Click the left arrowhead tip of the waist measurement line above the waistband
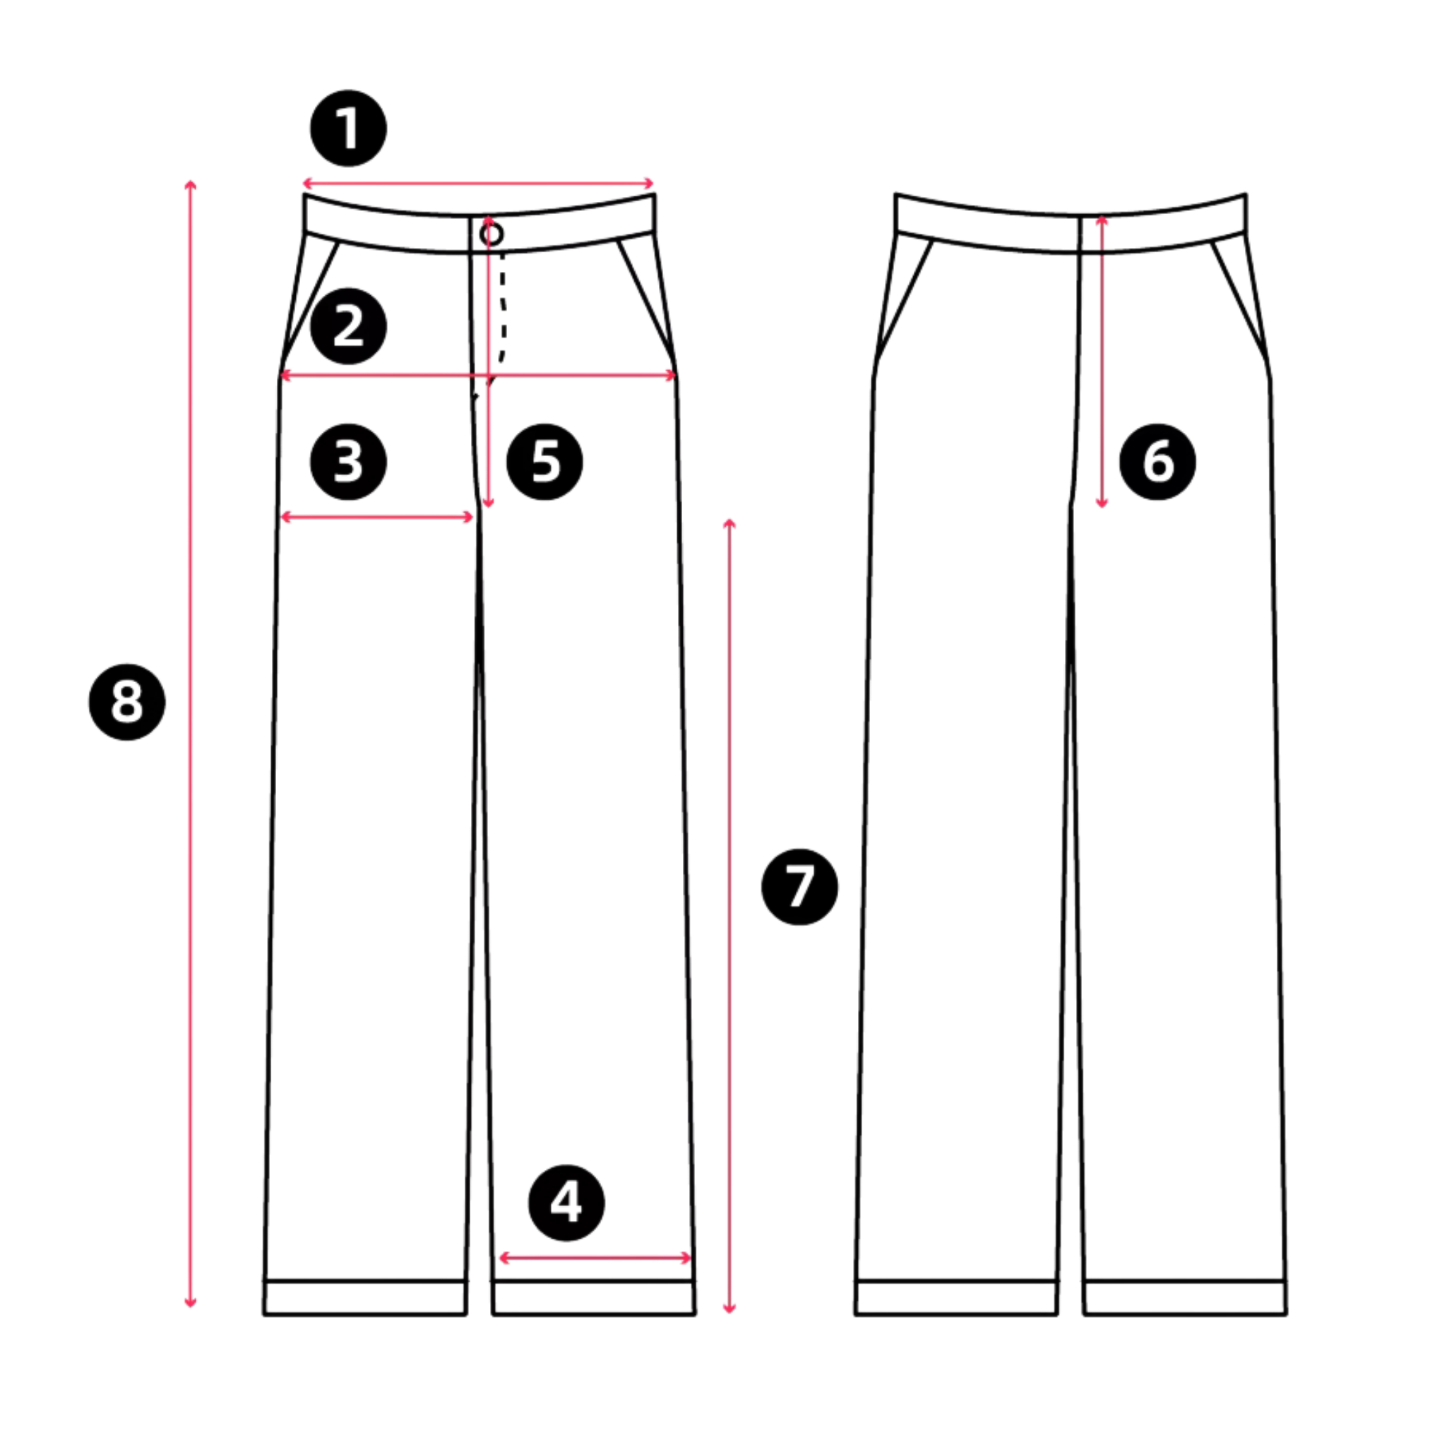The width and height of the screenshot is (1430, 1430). point(304,184)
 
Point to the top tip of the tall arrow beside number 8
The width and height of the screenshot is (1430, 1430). point(190,181)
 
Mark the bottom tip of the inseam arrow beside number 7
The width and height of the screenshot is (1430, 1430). point(729,1312)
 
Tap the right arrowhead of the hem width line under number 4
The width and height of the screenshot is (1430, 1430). point(691,1258)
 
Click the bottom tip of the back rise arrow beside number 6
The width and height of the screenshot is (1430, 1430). point(1102,507)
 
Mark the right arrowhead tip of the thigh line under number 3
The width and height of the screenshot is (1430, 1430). point(473,517)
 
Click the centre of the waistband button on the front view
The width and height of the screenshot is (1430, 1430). point(491,234)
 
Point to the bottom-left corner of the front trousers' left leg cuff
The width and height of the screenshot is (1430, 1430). point(264,1314)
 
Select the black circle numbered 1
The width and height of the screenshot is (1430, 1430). point(349,128)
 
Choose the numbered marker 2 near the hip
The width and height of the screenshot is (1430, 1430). point(349,326)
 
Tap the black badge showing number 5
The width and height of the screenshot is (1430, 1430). point(544,462)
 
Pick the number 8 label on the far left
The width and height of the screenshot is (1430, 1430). point(126,702)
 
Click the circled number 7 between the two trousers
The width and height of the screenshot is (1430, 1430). point(799,887)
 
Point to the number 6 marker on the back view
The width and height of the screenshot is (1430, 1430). point(1157,462)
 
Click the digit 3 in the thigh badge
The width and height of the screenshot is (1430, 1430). point(349,462)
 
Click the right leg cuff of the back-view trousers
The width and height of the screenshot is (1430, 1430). point(1185,1297)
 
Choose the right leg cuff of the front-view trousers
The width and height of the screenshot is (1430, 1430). point(594,1297)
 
